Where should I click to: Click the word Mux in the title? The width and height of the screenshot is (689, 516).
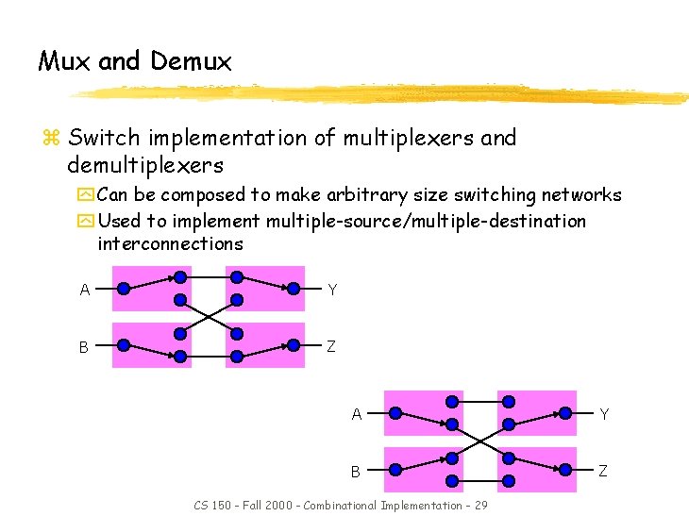click(64, 62)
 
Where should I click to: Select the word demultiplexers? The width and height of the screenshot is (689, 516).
click(145, 165)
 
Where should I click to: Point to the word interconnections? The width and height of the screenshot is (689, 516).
click(170, 243)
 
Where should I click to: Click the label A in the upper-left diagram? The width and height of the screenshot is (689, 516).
click(85, 291)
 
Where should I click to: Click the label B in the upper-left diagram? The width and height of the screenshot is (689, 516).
click(84, 347)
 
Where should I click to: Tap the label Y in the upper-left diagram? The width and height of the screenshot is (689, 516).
click(331, 290)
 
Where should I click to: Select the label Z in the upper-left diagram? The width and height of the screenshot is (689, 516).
click(331, 346)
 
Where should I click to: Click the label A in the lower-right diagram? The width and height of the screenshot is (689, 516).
click(357, 414)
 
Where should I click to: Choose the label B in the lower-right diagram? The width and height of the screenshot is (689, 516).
click(356, 471)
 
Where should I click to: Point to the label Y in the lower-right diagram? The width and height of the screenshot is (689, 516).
click(604, 414)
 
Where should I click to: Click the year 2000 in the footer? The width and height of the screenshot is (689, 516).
click(281, 506)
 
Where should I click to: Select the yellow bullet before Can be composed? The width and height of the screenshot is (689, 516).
click(86, 196)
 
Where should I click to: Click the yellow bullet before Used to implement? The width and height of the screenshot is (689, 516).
click(86, 222)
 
